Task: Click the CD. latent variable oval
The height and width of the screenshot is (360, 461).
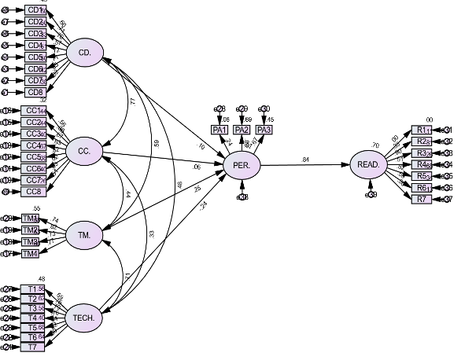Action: click(x=86, y=53)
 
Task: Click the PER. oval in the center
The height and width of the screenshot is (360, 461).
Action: click(x=242, y=165)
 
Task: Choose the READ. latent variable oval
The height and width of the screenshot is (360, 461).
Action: click(x=369, y=165)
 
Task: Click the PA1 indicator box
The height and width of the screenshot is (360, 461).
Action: click(x=219, y=130)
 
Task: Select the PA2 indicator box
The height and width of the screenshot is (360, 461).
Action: click(x=242, y=130)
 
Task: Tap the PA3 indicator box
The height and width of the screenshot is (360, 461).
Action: click(x=264, y=130)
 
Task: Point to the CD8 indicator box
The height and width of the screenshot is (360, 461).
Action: click(x=35, y=92)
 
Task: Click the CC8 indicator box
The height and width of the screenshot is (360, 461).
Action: click(x=34, y=192)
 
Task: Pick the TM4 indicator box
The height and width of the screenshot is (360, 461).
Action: click(x=31, y=253)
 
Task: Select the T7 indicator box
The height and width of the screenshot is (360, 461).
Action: click(x=32, y=347)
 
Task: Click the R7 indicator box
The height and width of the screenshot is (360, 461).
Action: click(x=422, y=200)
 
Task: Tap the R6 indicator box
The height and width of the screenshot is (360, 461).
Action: click(x=422, y=188)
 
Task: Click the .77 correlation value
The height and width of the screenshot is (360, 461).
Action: click(x=133, y=102)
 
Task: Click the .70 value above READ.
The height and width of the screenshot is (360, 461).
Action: click(x=376, y=145)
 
